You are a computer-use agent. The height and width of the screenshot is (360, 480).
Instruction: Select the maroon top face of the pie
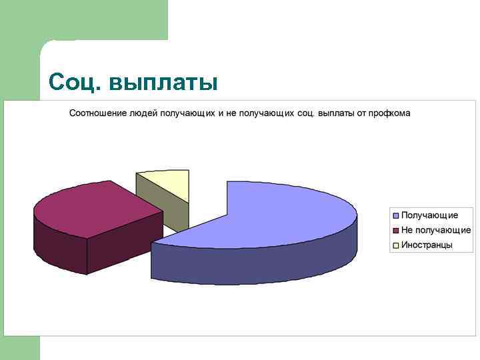point(93,207)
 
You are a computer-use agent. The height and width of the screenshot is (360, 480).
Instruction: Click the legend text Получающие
point(429,215)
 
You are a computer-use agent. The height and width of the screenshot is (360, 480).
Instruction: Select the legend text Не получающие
point(435,230)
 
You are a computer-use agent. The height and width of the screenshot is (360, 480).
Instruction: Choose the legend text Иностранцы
point(427,245)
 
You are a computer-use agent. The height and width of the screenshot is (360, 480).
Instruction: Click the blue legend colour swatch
point(396,215)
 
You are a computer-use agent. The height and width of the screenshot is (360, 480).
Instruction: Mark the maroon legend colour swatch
point(396,230)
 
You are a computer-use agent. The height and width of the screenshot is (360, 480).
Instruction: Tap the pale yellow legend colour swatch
point(396,245)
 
